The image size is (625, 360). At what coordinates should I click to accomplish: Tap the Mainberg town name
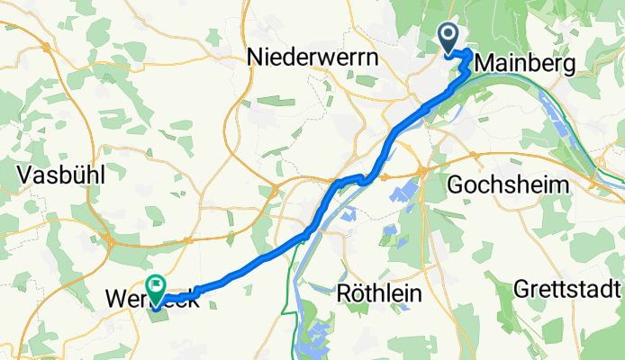click(x=524, y=63)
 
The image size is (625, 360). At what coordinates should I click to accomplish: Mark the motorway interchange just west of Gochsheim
click(x=421, y=171)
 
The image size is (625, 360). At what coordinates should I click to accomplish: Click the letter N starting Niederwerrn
click(x=255, y=58)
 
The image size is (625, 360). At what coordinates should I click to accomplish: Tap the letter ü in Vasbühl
click(x=77, y=177)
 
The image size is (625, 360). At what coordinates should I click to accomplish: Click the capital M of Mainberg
click(x=482, y=63)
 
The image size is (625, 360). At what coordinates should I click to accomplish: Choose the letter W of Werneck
click(x=114, y=297)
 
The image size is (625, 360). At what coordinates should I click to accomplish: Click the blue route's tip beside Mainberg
click(x=467, y=56)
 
